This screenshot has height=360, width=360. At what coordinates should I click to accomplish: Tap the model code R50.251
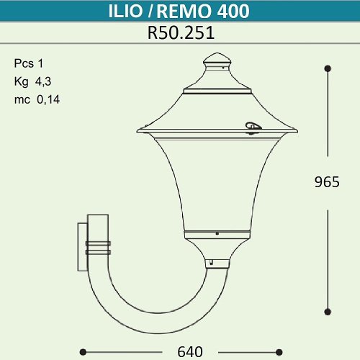coord(179,32)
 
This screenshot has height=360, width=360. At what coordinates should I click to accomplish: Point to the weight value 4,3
coord(43,81)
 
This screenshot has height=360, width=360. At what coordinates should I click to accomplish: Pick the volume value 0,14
coord(48,100)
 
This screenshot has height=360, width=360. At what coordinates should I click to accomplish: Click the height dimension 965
coord(327,183)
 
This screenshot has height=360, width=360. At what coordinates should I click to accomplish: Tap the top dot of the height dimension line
coord(328,68)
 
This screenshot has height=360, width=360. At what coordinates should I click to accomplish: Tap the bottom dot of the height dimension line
coord(328,311)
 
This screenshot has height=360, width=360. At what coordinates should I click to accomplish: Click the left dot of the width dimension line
coord(82,351)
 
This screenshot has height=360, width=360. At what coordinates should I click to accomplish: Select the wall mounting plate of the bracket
coord(81,245)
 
